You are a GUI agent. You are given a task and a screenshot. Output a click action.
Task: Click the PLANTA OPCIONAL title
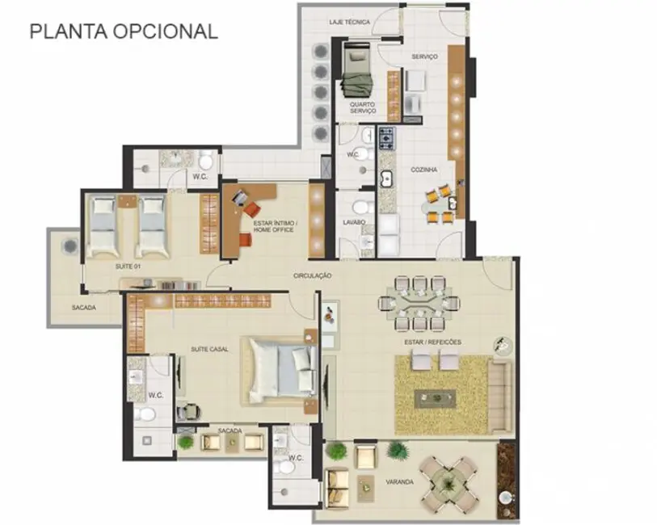[124, 31]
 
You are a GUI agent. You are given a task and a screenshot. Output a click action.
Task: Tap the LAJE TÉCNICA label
[350, 23]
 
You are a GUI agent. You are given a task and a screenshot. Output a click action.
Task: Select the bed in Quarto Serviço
[353, 70]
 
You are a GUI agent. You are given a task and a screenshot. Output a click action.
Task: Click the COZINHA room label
[424, 170]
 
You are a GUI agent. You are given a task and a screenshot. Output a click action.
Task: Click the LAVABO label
[354, 221]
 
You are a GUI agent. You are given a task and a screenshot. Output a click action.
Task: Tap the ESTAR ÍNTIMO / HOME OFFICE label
[275, 227]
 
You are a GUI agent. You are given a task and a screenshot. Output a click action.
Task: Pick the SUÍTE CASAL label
[208, 349]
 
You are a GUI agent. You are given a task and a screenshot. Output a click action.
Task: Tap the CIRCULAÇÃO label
[313, 275]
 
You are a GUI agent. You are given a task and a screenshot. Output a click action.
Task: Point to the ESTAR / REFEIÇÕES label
[433, 342]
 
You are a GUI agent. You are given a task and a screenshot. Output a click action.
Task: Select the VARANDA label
[400, 482]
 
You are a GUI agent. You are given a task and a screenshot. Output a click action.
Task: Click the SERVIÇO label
[424, 57]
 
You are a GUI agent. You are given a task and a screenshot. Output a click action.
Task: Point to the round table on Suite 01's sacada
[69, 246]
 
